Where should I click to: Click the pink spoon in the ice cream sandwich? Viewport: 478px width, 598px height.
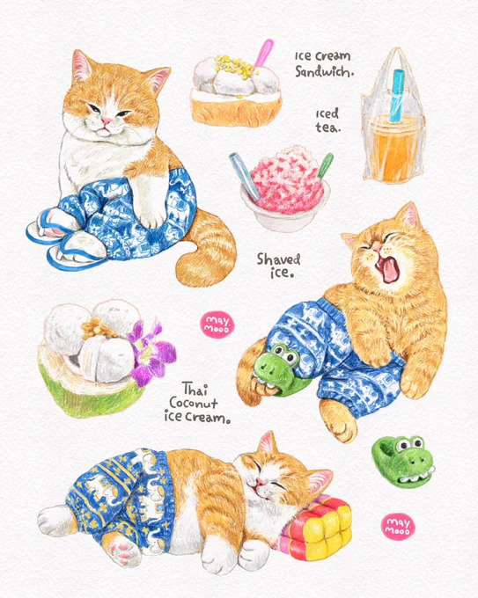[264, 53]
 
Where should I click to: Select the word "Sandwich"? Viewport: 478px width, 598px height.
[324, 71]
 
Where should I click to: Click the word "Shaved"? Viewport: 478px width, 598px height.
[278, 259]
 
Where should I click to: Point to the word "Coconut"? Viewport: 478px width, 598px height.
[193, 403]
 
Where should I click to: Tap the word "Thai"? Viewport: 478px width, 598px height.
[195, 389]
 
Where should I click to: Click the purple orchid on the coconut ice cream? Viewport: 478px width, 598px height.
[151, 353]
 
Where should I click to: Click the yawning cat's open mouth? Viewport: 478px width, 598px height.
[387, 268]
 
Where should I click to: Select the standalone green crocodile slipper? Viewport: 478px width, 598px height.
[403, 457]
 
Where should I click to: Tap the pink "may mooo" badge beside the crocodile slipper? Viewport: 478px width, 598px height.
[398, 526]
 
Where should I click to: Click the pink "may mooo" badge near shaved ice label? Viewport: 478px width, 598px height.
[217, 325]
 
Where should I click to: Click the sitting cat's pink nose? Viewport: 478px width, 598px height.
[107, 121]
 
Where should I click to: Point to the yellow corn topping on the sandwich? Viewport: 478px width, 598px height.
[232, 67]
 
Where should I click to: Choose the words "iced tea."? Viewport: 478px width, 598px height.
[327, 120]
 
